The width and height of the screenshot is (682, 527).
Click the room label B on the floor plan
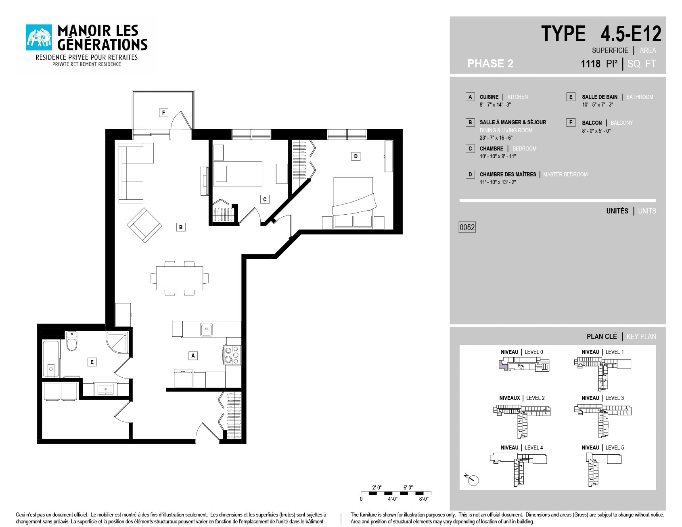181,227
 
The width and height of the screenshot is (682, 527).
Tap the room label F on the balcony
163,113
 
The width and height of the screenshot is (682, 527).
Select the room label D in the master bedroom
356,156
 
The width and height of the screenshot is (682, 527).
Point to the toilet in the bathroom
72,341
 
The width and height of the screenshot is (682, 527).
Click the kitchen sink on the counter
207,329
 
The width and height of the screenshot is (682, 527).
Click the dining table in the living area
180,278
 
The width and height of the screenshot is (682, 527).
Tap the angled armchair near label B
144,225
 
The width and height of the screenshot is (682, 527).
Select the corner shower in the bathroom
118,342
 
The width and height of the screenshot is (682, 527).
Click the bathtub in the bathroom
51,359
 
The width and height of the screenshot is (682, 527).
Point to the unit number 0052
467,227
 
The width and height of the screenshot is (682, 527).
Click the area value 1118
591,64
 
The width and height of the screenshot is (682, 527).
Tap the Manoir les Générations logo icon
39,38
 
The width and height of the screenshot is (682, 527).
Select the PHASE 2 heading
490,63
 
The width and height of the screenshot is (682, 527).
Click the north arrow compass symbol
472,479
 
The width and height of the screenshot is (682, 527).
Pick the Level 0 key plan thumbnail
524,364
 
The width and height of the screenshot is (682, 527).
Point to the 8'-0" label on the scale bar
424,499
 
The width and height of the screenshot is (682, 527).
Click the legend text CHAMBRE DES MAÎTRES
508,174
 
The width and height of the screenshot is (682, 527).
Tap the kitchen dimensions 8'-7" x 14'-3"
495,105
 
